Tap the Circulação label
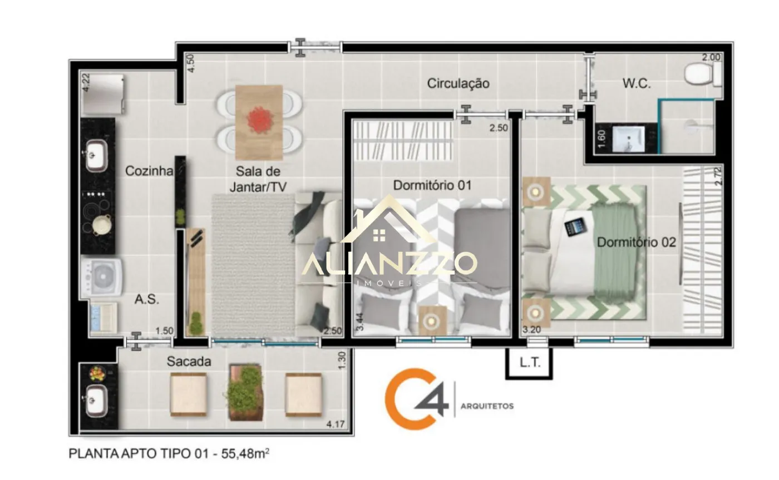(x=458, y=83)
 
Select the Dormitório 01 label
(x=432, y=185)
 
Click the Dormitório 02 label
(x=636, y=242)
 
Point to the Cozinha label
(x=149, y=171)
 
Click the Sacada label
(x=189, y=362)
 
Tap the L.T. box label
(x=529, y=363)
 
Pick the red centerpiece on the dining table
(x=259, y=120)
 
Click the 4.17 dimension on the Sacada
(x=336, y=424)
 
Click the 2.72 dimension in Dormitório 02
(x=718, y=176)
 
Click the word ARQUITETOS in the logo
(x=487, y=406)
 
